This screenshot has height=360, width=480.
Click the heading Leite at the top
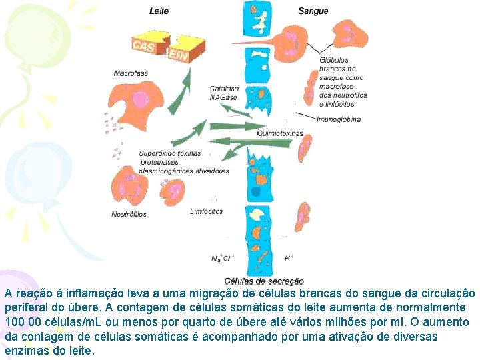pyautogui.click(x=159, y=11)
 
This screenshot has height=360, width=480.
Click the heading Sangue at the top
pyautogui.click(x=313, y=11)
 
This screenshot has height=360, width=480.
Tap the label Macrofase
pyautogui.click(x=131, y=73)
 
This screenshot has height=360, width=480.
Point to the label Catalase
pyautogui.click(x=224, y=89)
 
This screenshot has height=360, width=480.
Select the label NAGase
pyautogui.click(x=223, y=97)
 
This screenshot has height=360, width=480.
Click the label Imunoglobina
pyautogui.click(x=339, y=119)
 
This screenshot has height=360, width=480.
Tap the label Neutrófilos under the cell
pyautogui.click(x=129, y=215)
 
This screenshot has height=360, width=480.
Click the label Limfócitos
pyautogui.click(x=207, y=211)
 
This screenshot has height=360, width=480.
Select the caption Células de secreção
pyautogui.click(x=264, y=281)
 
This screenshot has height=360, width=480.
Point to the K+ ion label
pyautogui.click(x=289, y=257)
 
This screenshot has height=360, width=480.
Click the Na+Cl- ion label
pyautogui.click(x=223, y=257)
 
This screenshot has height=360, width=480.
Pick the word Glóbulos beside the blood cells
pyautogui.click(x=333, y=60)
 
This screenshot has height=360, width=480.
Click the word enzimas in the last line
pyautogui.click(x=27, y=351)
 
